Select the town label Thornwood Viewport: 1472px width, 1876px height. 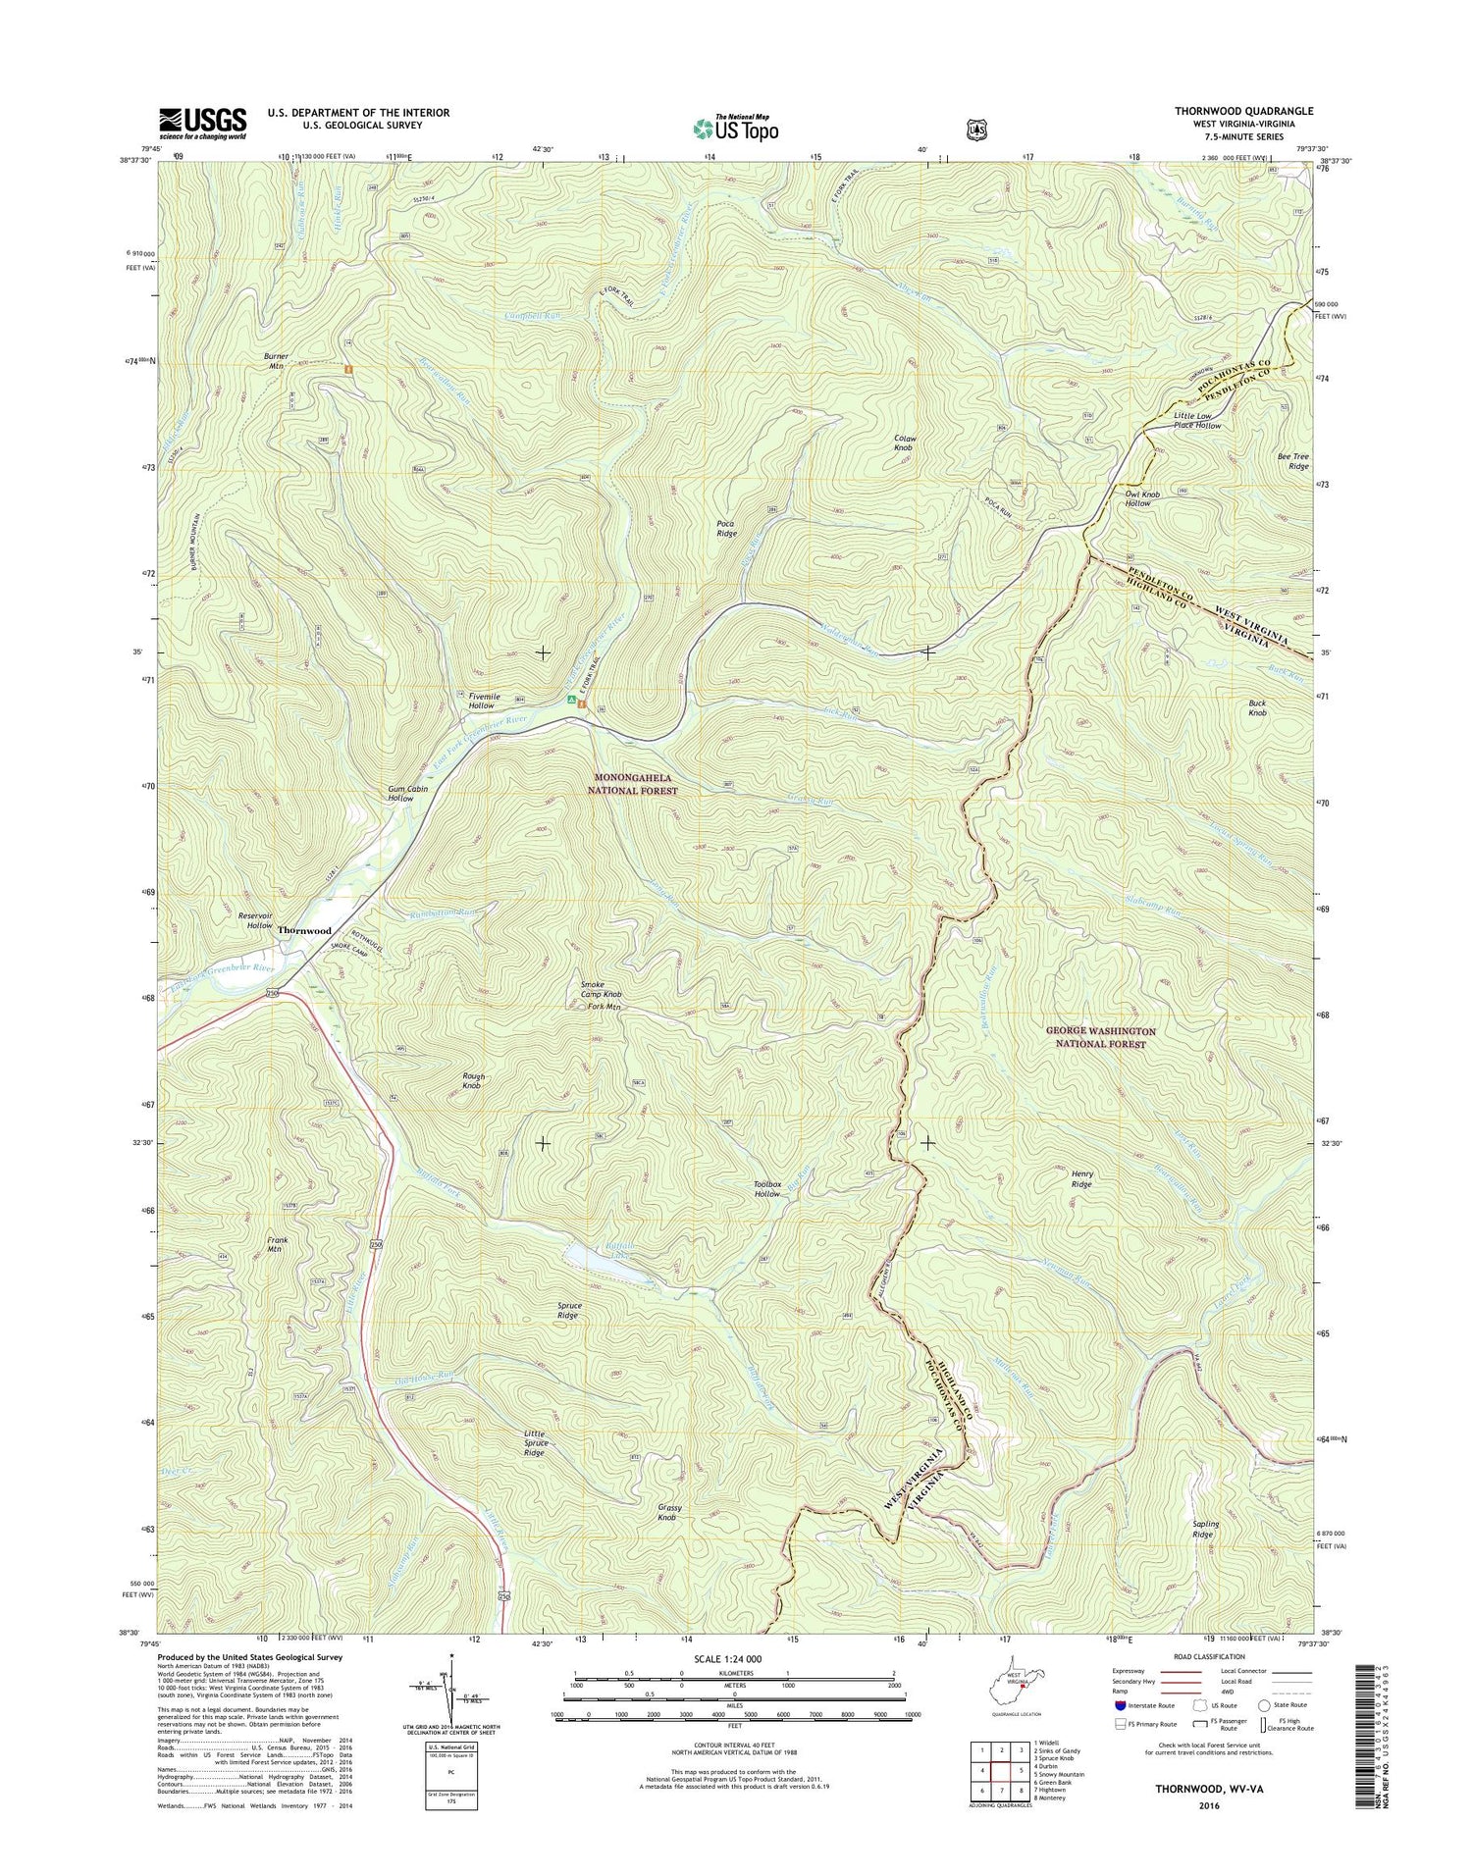pos(303,929)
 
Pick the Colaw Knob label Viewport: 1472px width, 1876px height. pos(903,443)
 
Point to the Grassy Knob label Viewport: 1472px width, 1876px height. pos(667,1512)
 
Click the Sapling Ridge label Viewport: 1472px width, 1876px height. pos(1204,1529)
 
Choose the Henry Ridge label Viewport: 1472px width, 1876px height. pos(1080,1178)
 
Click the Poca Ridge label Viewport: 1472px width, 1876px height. pos(726,529)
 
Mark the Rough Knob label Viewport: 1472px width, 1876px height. pos(473,1081)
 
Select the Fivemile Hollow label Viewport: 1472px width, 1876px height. pos(482,701)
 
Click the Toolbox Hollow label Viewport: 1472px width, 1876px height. pos(767,1189)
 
